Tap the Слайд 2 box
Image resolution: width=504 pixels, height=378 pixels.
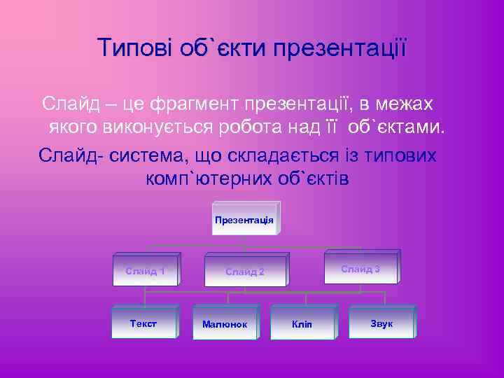tap(245, 272)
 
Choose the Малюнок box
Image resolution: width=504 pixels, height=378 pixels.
tap(224, 325)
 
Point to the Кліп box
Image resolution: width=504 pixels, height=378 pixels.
tap(302, 325)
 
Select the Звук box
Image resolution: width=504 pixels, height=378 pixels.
tap(381, 323)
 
